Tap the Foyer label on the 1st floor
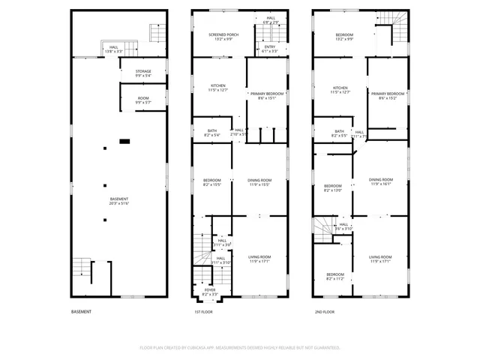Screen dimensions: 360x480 (x=211, y=292)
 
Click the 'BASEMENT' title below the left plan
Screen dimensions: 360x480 (x=81, y=311)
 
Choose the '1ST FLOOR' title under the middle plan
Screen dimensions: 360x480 (x=202, y=311)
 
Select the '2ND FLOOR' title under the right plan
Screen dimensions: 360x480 (x=323, y=311)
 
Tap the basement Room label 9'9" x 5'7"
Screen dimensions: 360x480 (x=142, y=100)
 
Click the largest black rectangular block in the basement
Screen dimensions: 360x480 (x=125, y=140)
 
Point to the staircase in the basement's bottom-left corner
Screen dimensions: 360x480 (x=80, y=267)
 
